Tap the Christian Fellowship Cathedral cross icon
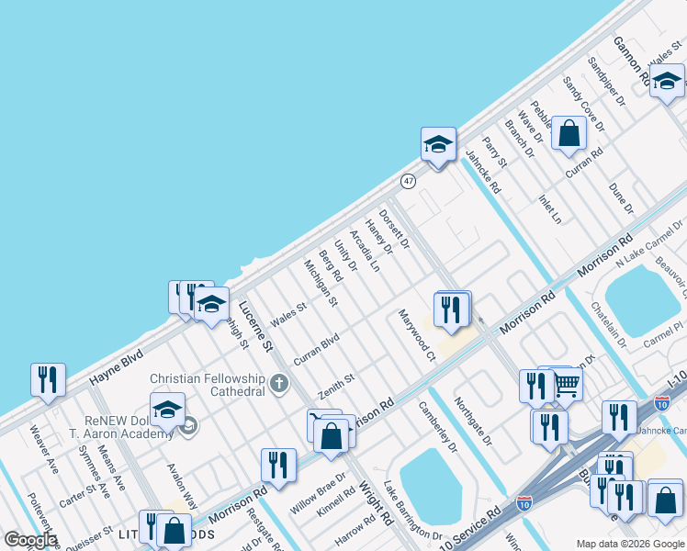[x=279, y=382]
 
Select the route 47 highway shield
[x=409, y=181]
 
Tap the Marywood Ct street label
[x=416, y=334]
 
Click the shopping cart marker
[x=567, y=382]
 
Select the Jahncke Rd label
[x=483, y=172]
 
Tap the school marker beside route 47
[x=438, y=144]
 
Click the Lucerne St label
[x=256, y=327]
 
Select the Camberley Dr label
[x=437, y=426]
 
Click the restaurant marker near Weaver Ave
[x=48, y=379]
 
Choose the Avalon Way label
[x=182, y=485]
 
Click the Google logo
[x=30, y=540]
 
